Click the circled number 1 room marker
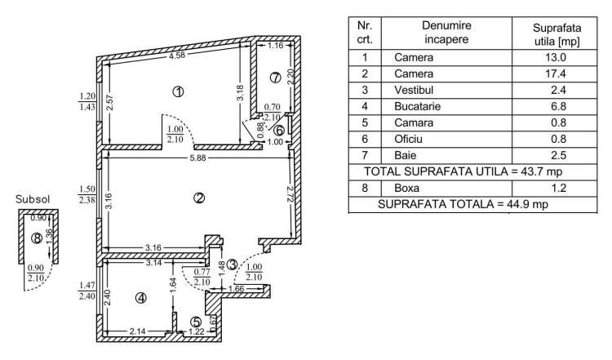[179, 91]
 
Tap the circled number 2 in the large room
[199, 198]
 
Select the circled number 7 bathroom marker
[276, 78]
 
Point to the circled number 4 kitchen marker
[141, 298]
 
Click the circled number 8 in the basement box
[37, 238]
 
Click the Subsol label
[33, 199]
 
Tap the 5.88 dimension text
[198, 158]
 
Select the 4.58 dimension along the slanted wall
[177, 55]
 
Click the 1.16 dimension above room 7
[276, 45]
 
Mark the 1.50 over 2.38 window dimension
[87, 194]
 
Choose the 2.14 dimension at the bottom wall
[137, 331]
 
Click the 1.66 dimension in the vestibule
[236, 288]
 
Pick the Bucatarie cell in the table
[417, 106]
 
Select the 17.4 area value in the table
[556, 73]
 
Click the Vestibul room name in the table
[414, 90]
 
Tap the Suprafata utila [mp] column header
[557, 34]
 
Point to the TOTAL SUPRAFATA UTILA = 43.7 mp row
[463, 171]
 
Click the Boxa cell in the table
[406, 188]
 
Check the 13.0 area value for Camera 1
[556, 57]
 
